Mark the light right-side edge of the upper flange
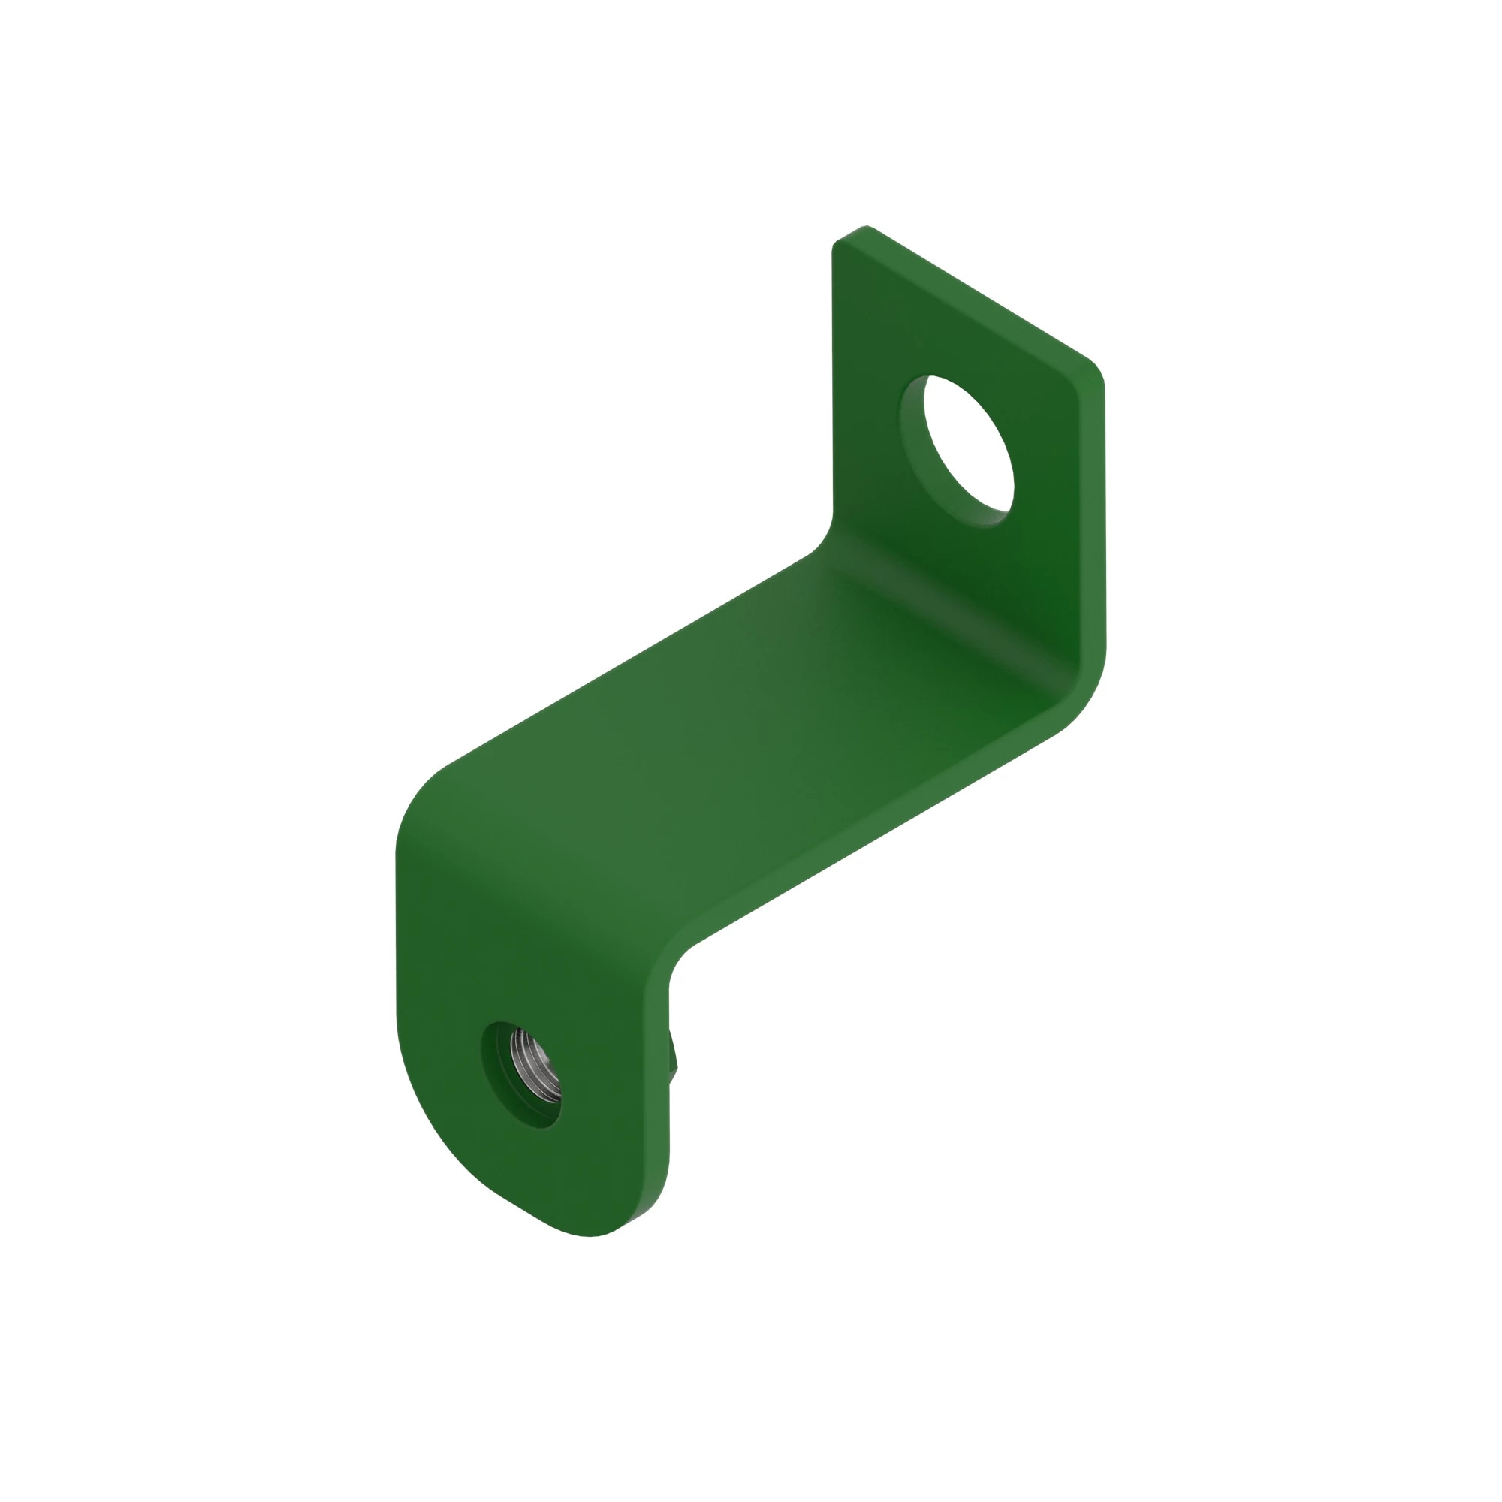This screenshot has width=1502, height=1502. coord(1091,529)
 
